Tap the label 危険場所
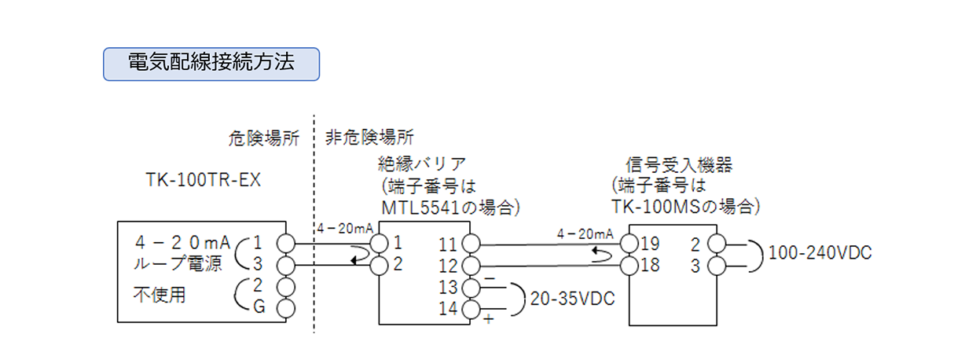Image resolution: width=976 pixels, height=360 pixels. [270, 139]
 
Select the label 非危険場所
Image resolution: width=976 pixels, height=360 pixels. [369, 139]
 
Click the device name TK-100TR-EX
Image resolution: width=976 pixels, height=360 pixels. [203, 180]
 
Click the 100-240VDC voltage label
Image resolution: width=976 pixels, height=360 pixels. [821, 253]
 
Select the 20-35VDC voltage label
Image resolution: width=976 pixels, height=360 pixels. [571, 299]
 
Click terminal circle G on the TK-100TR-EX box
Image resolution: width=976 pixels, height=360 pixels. [286, 307]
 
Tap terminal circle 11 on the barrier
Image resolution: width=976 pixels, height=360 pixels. [471, 244]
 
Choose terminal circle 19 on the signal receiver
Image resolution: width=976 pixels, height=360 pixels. [630, 241]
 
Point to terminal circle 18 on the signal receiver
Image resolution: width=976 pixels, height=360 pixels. [630, 265]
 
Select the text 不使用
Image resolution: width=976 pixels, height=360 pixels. [154, 296]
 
